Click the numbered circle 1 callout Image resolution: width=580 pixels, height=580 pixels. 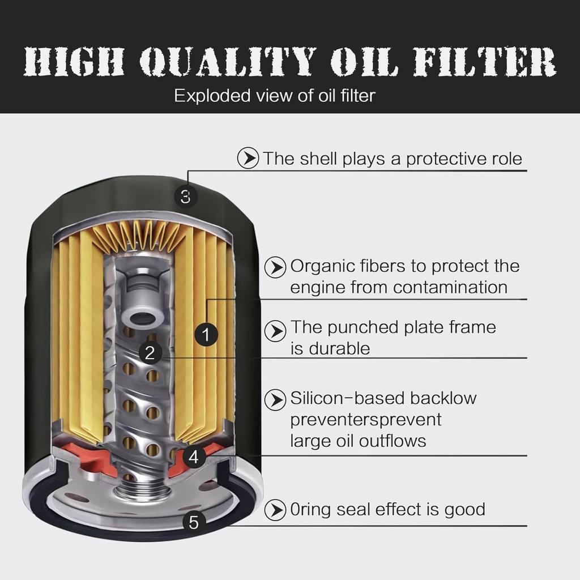pos(206,335)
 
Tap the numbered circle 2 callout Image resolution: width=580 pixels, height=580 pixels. pos(150,353)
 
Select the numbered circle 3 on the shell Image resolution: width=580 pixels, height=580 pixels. pos(185,197)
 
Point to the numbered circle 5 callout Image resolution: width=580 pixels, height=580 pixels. pos(194,522)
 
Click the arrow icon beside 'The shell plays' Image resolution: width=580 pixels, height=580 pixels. pos(248,159)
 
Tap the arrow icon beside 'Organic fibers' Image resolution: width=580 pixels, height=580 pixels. pos(275,267)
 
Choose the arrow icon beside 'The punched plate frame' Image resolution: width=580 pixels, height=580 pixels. pos(275,331)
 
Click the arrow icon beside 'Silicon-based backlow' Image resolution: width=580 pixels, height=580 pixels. pos(275,400)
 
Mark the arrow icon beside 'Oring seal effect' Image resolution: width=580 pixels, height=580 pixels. pos(275,510)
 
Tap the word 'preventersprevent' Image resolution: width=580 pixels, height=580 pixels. pos(365,420)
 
